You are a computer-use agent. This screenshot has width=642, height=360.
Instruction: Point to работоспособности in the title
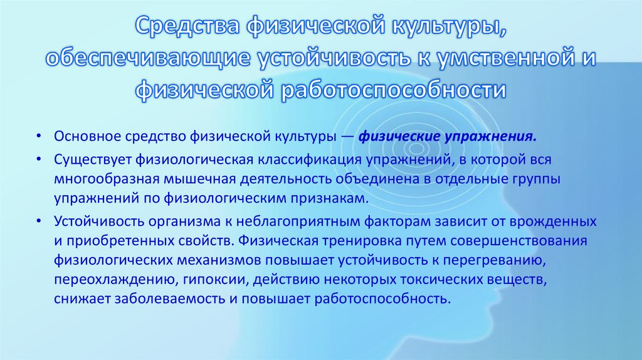394,89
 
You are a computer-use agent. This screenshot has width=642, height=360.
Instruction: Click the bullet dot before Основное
39,137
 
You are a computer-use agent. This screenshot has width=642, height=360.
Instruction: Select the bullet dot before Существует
39,160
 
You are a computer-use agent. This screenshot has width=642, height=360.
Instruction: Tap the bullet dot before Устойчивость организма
39,222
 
